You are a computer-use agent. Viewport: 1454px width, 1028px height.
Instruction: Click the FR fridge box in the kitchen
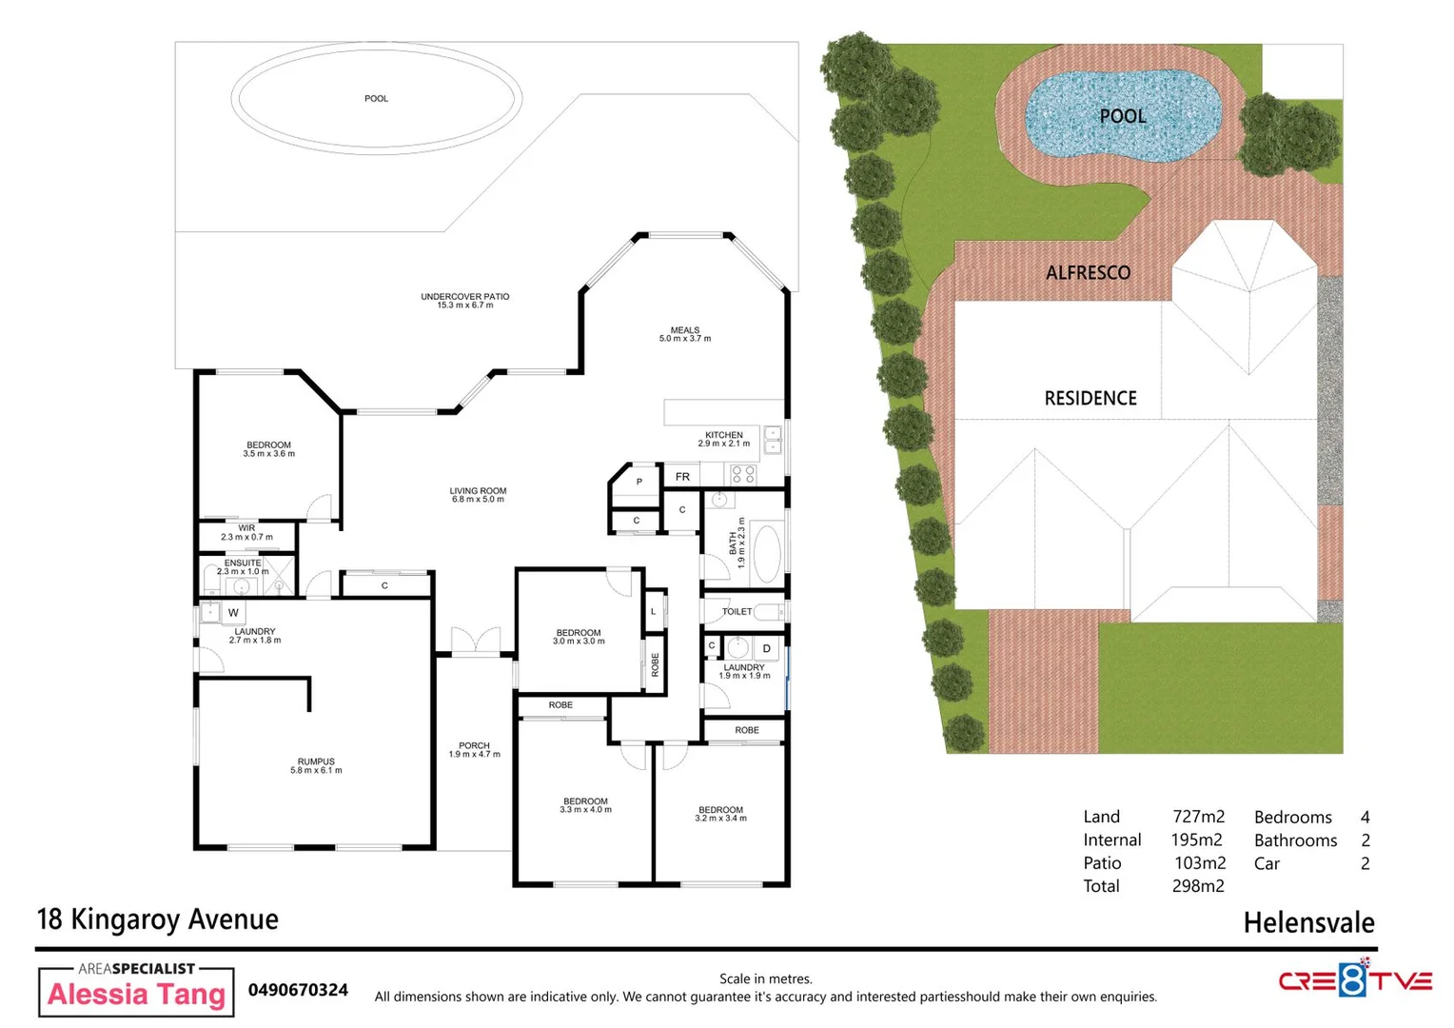click(x=682, y=476)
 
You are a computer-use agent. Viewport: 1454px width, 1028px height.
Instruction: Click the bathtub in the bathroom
click(x=766, y=554)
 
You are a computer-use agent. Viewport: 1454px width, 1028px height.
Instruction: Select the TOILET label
click(x=737, y=612)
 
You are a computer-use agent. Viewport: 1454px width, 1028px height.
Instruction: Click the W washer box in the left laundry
click(x=233, y=613)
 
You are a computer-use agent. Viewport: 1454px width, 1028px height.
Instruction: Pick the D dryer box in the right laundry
click(x=766, y=649)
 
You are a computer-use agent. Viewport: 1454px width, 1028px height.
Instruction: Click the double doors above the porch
click(x=475, y=642)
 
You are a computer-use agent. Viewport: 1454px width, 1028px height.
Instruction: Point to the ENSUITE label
click(x=243, y=563)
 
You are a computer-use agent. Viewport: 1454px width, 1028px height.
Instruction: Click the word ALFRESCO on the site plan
click(x=1088, y=273)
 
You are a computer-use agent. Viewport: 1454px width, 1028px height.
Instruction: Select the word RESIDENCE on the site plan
click(x=1090, y=399)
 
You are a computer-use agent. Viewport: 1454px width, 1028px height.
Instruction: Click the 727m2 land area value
click(x=1198, y=817)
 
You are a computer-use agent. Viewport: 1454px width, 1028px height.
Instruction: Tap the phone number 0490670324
click(x=298, y=990)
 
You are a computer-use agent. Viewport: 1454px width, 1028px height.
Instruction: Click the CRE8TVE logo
click(x=1354, y=980)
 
